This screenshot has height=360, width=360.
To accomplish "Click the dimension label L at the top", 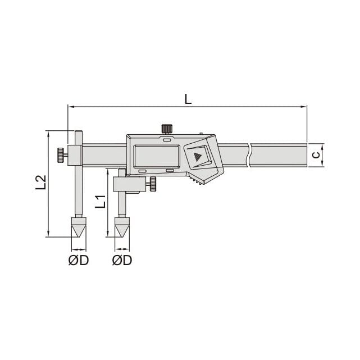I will pyautogui.click(x=188, y=98).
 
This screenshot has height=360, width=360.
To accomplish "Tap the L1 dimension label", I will pyautogui.click(x=99, y=201).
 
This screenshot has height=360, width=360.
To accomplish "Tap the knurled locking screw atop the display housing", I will pyautogui.click(x=167, y=128).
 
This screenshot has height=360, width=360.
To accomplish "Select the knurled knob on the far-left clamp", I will pyautogui.click(x=59, y=155).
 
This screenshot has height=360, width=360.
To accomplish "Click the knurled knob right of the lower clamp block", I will pyautogui.click(x=152, y=184).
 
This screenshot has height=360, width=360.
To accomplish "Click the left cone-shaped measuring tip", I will pyautogui.click(x=78, y=227).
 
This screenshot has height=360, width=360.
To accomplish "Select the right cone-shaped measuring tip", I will pyautogui.click(x=121, y=227).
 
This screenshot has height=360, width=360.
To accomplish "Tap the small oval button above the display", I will pyautogui.click(x=167, y=138).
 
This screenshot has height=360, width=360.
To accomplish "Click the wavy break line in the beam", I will pyautogui.click(x=249, y=154).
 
